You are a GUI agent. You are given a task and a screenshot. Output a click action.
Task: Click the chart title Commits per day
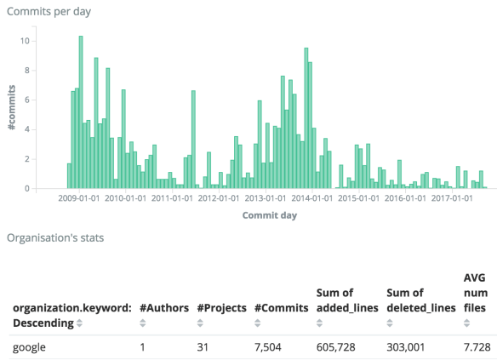pyautogui.click(x=49, y=11)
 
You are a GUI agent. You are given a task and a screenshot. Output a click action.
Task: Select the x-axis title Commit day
pyautogui.click(x=269, y=214)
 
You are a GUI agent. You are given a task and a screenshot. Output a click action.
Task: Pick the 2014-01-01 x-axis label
pyautogui.click(x=311, y=198)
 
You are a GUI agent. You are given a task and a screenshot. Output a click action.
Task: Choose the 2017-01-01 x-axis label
pyautogui.click(x=452, y=198)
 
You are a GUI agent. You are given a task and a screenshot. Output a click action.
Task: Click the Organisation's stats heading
pyautogui.click(x=55, y=237)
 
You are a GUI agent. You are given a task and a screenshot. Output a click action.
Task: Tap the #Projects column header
pyautogui.click(x=221, y=307)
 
